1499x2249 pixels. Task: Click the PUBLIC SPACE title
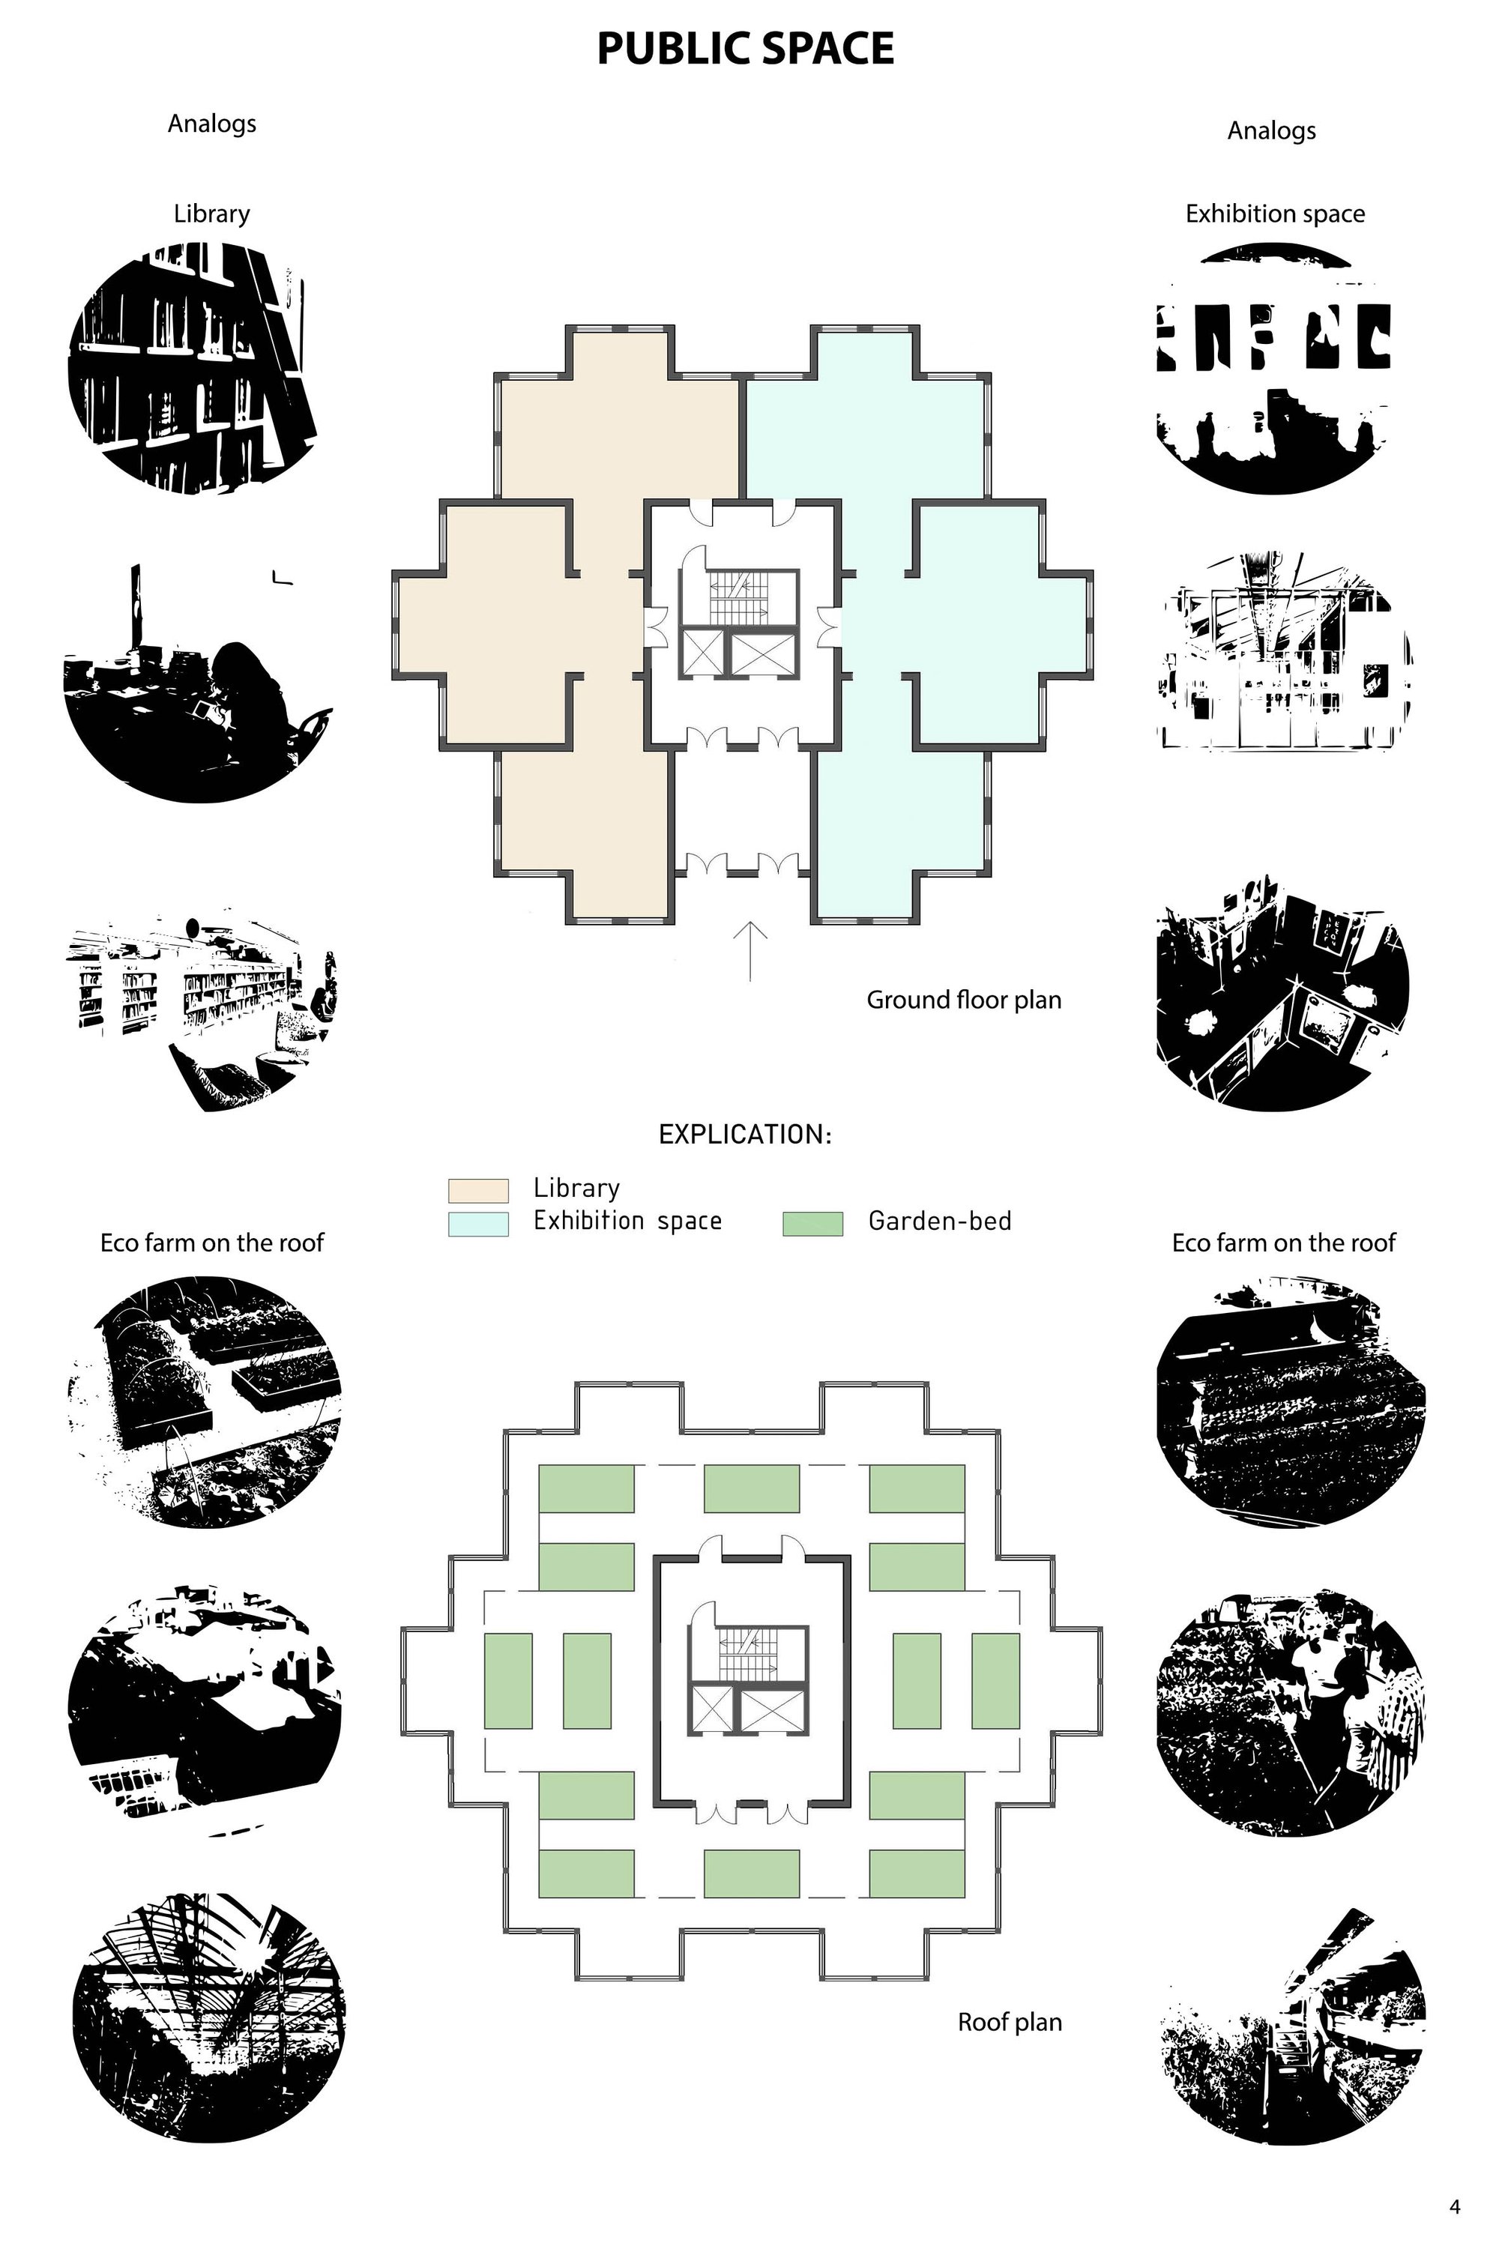[746, 49]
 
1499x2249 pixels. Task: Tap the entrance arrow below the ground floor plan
[750, 951]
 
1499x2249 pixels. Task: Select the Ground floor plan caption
[964, 1000]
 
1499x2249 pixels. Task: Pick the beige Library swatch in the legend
[478, 1190]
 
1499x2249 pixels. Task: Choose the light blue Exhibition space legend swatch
[478, 1225]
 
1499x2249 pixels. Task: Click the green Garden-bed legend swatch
[812, 1225]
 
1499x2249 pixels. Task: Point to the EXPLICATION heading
[745, 1135]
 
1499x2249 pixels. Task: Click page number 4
[1455, 2206]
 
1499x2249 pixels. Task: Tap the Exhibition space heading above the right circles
[1274, 214]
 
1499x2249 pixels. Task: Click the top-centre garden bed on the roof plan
[752, 1488]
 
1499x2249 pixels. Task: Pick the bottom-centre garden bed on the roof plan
[752, 1874]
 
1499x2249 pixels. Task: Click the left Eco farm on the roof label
[212, 1243]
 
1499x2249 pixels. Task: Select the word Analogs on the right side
[1271, 131]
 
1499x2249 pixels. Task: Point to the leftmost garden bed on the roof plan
[507, 1681]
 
